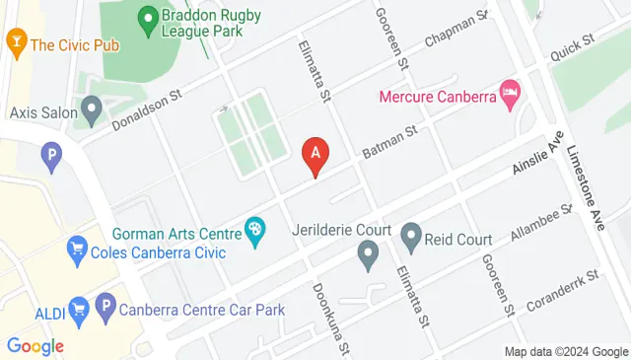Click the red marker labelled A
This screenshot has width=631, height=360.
click(315, 154)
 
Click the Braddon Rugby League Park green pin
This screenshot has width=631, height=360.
click(148, 18)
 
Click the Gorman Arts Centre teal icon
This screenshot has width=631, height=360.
click(255, 233)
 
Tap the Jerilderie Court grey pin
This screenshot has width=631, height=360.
click(368, 258)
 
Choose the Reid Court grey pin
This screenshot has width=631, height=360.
click(411, 236)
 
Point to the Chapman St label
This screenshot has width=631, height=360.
click(456, 30)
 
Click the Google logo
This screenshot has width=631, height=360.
click(35, 346)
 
